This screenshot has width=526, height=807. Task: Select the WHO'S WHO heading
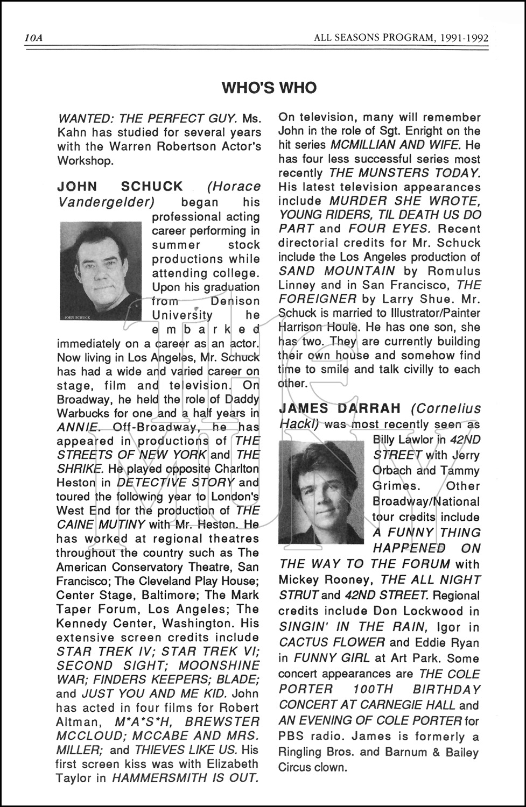(x=269, y=88)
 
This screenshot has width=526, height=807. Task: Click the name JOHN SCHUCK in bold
(x=120, y=187)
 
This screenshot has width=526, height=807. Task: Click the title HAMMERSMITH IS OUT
(x=185, y=777)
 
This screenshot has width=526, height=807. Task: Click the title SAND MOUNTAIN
(x=336, y=271)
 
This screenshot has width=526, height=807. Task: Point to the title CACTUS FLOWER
(x=332, y=642)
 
